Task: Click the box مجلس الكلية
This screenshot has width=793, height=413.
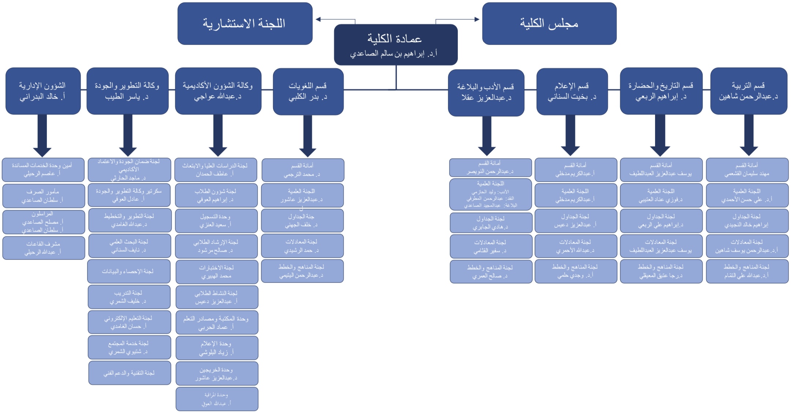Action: (549, 23)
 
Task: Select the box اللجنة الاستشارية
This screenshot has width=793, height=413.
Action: (245, 23)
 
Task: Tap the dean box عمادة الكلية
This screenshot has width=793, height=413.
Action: (396, 45)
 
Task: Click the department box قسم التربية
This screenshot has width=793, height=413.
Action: (748, 91)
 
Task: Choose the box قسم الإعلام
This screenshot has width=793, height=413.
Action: (572, 91)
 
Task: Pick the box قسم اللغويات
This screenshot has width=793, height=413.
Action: (308, 91)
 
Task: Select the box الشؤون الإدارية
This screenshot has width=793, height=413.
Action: (43, 91)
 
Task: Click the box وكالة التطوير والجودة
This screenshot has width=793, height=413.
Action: (127, 91)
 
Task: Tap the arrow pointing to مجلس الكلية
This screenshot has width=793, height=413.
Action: (457, 19)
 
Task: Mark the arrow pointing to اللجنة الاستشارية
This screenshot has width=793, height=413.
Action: (335, 19)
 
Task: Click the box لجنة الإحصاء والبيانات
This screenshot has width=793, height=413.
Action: (129, 271)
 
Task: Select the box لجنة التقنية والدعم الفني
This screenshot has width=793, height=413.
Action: (130, 373)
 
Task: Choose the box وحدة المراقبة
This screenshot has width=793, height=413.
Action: (217, 399)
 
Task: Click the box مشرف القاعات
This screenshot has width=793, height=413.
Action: (44, 248)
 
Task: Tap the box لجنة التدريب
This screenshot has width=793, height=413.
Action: (129, 297)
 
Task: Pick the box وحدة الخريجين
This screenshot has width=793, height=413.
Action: (217, 374)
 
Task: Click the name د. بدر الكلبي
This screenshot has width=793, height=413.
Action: (308, 97)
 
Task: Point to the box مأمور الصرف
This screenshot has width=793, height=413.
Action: (44, 196)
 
